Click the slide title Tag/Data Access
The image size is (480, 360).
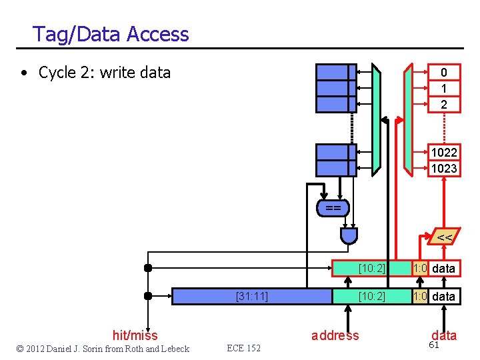pos(111,34)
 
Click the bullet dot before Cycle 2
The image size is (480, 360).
pos(23,73)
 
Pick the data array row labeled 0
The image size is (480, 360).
pos(443,73)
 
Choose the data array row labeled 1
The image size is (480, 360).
pos(443,89)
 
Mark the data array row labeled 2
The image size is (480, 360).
pos(443,105)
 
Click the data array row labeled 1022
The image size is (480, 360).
pos(443,153)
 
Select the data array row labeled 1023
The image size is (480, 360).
pos(443,169)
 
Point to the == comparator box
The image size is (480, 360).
pos(333,209)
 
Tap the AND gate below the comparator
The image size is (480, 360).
pos(349,235)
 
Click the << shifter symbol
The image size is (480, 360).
pos(444,237)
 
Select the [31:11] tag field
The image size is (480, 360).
pos(252,296)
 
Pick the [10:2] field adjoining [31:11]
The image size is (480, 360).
pos(371,296)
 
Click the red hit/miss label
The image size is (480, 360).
pos(135,335)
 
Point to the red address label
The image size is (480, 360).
pos(335,335)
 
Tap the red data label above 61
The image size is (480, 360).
pos(444,335)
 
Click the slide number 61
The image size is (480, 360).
pos(434,345)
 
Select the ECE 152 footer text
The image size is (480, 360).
pos(243,349)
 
